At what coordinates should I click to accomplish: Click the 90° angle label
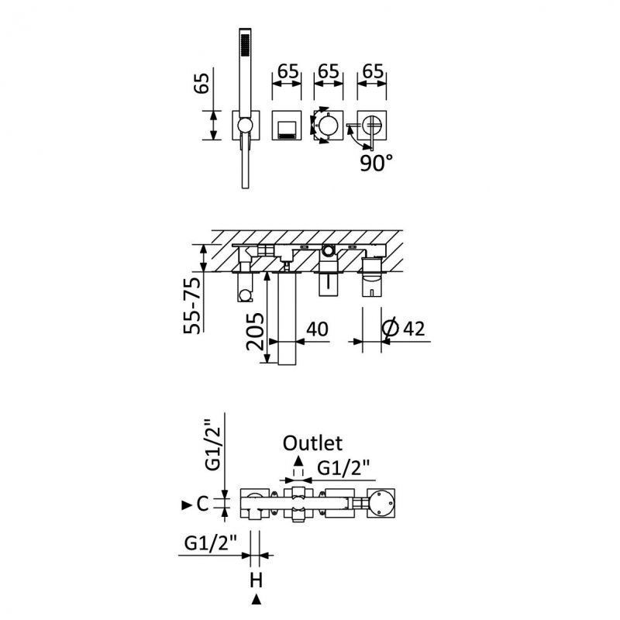pyautogui.click(x=376, y=163)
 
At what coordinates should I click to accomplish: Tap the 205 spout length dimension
pyautogui.click(x=255, y=332)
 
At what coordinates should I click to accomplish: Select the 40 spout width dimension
pyautogui.click(x=317, y=329)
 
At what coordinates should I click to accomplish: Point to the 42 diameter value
pyautogui.click(x=414, y=329)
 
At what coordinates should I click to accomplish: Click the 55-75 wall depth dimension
pyautogui.click(x=192, y=305)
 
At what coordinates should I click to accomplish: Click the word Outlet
pyautogui.click(x=312, y=443)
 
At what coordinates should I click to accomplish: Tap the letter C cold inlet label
pyautogui.click(x=202, y=505)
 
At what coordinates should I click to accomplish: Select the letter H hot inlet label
pyautogui.click(x=256, y=580)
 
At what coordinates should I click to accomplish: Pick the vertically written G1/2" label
pyautogui.click(x=212, y=445)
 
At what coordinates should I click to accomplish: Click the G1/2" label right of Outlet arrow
pyautogui.click(x=343, y=469)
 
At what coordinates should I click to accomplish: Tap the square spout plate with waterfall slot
pyautogui.click(x=287, y=126)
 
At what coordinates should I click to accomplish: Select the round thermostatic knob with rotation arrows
pyautogui.click(x=329, y=126)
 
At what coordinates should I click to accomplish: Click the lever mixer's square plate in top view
pyautogui.click(x=372, y=126)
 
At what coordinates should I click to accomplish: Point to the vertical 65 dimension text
pyautogui.click(x=201, y=83)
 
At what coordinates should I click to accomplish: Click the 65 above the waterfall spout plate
pyautogui.click(x=288, y=71)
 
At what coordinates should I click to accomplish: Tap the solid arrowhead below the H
pyautogui.click(x=257, y=599)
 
